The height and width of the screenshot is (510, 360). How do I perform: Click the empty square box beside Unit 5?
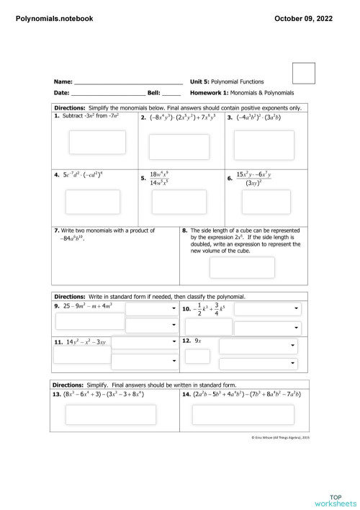[304, 74]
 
